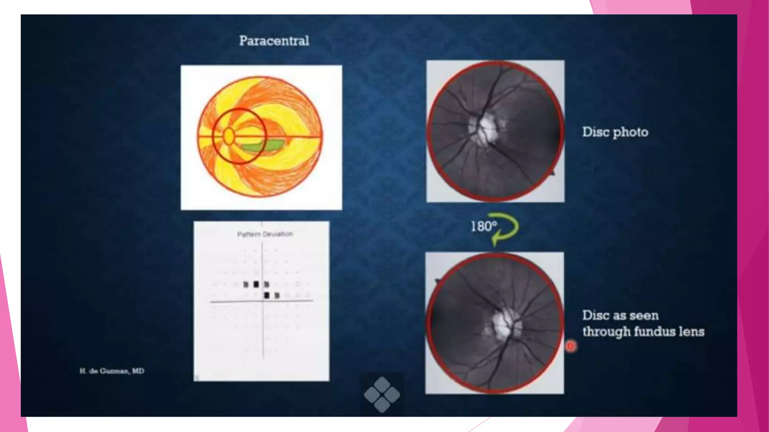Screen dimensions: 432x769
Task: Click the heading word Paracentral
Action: point(274,41)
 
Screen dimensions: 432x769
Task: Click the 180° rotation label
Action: point(484,226)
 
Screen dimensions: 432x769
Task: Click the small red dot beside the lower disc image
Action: point(570,346)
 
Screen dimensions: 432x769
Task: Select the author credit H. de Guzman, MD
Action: point(112,371)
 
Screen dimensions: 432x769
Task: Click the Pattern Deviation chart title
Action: point(265,234)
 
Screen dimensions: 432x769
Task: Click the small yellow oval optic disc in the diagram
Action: point(229,136)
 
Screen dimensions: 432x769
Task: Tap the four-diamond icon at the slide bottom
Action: point(382,394)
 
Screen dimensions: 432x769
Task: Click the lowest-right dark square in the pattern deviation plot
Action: point(277,295)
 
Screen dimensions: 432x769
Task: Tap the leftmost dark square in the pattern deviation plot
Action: point(246,285)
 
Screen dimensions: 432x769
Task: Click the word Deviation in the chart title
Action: point(278,234)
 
